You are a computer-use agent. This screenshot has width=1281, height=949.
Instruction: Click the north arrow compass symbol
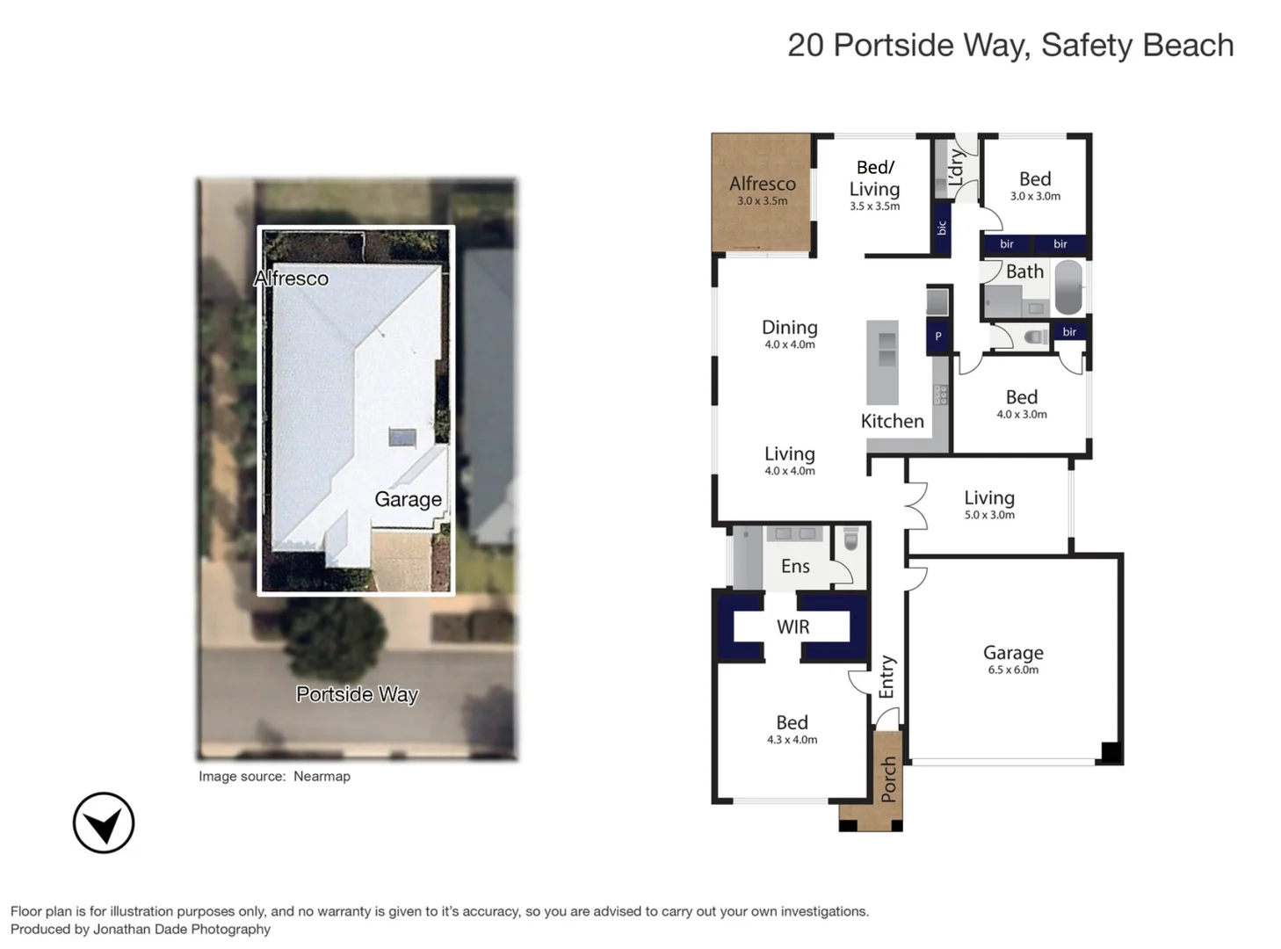click(104, 823)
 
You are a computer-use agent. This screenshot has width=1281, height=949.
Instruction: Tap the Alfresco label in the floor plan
click(762, 184)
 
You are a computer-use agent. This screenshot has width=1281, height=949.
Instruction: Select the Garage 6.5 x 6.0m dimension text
click(1013, 670)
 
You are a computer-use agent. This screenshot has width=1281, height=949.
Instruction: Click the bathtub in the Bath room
click(1068, 287)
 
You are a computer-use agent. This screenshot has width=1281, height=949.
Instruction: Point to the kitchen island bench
click(882, 362)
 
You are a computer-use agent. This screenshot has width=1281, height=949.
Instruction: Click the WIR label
click(792, 627)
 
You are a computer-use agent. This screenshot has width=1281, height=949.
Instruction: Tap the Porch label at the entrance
click(888, 779)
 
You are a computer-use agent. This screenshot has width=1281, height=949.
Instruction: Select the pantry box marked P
click(938, 337)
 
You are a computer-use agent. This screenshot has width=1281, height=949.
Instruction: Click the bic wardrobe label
click(941, 228)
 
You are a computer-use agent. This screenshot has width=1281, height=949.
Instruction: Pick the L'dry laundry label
click(957, 167)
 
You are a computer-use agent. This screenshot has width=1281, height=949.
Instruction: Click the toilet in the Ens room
click(850, 540)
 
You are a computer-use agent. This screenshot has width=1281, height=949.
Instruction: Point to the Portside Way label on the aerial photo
click(357, 694)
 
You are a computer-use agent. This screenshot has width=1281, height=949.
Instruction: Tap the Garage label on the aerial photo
click(408, 499)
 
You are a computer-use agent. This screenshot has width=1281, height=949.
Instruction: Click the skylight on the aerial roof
click(402, 438)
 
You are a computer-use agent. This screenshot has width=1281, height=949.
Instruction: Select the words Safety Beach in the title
click(1137, 45)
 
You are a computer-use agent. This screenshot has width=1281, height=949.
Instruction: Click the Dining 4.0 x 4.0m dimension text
click(789, 345)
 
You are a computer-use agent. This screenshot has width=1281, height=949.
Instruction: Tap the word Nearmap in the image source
click(322, 776)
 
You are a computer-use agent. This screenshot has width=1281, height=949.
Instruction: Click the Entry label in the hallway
click(887, 677)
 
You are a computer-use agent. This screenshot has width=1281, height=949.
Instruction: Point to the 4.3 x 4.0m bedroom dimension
click(792, 740)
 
